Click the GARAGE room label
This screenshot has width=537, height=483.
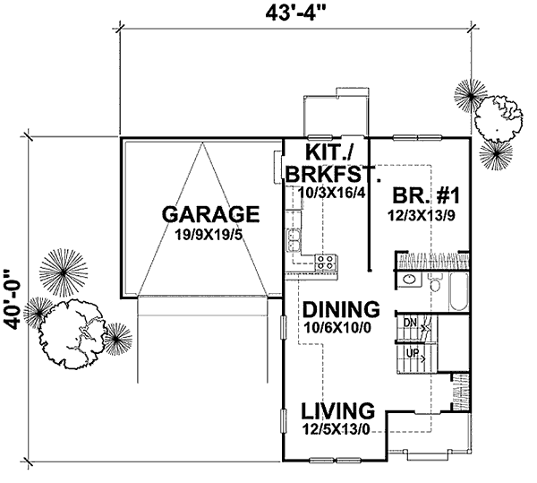[210, 215]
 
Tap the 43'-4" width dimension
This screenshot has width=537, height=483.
[294, 14]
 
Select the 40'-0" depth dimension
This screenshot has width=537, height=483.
[14, 300]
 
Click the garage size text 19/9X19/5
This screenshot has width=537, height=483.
[210, 235]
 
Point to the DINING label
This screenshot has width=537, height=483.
[341, 309]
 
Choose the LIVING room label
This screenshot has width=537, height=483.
[337, 411]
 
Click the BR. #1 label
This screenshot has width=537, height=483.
[425, 196]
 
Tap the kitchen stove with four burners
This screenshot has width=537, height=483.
[326, 263]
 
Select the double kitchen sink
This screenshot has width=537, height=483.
[294, 241]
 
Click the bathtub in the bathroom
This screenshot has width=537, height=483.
[458, 292]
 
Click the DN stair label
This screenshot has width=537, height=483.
[410, 323]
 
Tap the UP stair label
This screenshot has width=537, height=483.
[412, 353]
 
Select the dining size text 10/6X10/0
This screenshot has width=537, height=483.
[337, 328]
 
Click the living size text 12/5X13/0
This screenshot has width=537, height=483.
[336, 429]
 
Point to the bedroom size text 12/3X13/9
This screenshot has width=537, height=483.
[422, 216]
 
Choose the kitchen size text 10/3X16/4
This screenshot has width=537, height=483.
[333, 193]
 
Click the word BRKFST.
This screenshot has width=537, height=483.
[333, 174]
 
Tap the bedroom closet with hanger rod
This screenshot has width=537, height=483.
[432, 261]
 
